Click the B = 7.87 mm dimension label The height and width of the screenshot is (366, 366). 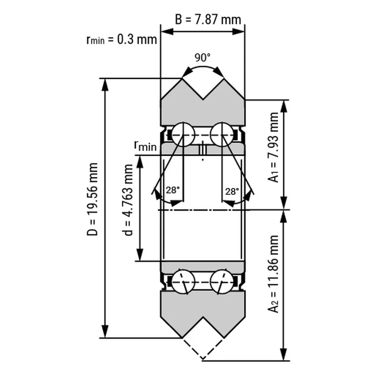(208, 19)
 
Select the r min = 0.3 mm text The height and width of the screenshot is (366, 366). (121, 39)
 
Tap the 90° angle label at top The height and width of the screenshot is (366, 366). (202, 57)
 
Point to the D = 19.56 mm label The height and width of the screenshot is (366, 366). (93, 199)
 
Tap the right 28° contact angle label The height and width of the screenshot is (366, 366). (232, 191)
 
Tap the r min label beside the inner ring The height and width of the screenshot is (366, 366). (145, 146)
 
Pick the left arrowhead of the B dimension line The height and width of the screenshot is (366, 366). (165, 31)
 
